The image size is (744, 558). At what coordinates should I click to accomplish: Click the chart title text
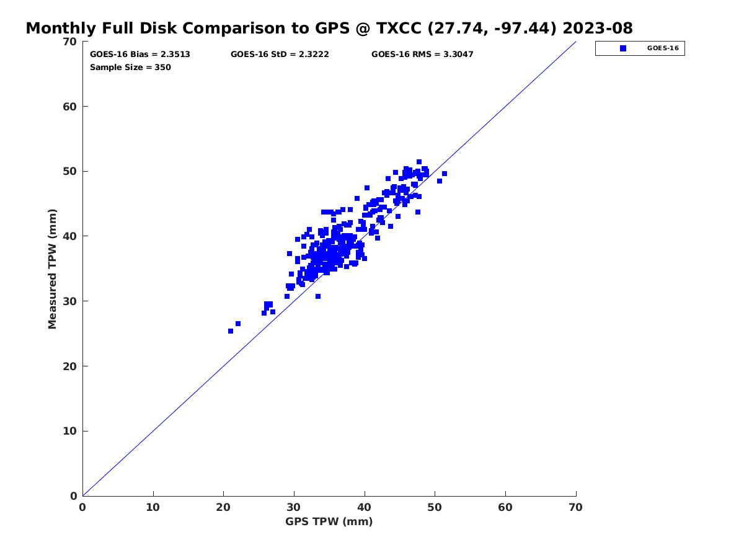329,29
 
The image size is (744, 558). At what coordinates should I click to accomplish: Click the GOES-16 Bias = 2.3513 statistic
140,55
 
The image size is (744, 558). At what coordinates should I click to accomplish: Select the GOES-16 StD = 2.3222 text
280,55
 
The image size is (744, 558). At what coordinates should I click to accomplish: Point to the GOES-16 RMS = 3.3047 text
422,55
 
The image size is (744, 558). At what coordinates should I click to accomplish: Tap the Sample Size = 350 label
130,68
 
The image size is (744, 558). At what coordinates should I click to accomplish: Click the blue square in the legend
623,48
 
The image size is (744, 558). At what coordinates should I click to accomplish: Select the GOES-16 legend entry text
662,48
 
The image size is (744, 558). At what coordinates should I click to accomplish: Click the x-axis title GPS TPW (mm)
329,521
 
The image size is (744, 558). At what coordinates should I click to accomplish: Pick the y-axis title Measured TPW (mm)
53,268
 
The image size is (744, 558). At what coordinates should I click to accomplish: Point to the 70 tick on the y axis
70,42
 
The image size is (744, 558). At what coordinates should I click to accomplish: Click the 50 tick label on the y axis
70,171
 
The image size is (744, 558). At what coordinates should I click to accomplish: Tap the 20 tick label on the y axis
70,366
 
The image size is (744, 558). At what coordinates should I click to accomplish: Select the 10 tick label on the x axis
153,508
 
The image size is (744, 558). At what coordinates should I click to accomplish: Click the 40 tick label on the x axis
365,508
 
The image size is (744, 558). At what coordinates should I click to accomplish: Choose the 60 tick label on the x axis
505,508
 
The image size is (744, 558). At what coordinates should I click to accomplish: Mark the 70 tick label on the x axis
576,508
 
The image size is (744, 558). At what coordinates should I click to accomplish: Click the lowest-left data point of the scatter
231,331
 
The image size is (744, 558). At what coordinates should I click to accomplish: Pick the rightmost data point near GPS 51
445,174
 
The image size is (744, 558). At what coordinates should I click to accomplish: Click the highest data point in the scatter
419,162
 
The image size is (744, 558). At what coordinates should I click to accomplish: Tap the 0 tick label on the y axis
74,496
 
